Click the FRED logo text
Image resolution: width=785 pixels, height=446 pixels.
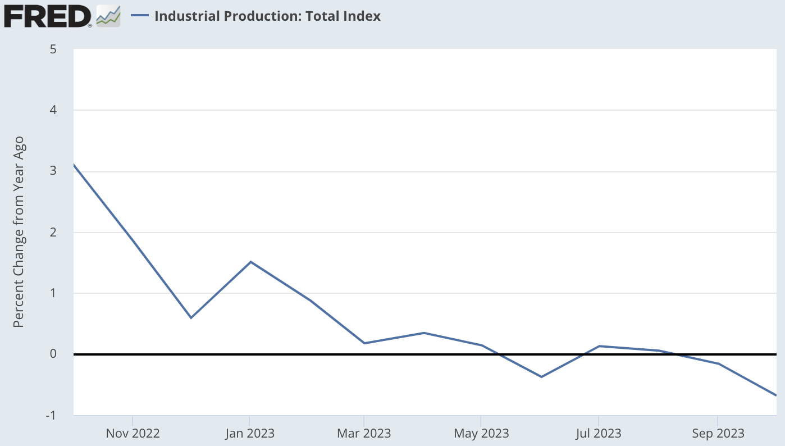[x=47, y=16]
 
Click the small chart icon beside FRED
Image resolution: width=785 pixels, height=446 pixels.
[x=108, y=16]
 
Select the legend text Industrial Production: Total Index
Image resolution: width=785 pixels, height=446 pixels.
[x=267, y=16]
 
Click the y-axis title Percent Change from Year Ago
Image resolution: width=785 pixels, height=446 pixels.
[x=19, y=233]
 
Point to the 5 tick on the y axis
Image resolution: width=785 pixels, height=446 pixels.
[x=53, y=49]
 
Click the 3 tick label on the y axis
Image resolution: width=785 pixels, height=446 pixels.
[x=53, y=171]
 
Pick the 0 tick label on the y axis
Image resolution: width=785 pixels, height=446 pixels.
[x=53, y=354]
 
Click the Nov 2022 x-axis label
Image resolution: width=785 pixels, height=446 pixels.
[x=133, y=434]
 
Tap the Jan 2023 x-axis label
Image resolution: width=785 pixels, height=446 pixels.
[x=249, y=434]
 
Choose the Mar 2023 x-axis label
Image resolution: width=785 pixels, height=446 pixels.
[x=364, y=434]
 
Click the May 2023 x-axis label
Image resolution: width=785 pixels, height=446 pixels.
[x=481, y=434]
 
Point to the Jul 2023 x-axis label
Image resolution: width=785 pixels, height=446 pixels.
[x=599, y=434]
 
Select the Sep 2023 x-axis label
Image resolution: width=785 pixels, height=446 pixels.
[x=718, y=434]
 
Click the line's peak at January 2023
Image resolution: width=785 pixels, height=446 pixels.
[x=250, y=262]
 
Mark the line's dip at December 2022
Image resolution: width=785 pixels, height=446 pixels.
[x=191, y=318]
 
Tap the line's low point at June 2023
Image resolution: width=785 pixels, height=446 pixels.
[x=541, y=377]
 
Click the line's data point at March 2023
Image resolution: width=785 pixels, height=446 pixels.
[x=364, y=343]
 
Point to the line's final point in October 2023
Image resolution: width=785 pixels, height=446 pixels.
[x=775, y=395]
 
